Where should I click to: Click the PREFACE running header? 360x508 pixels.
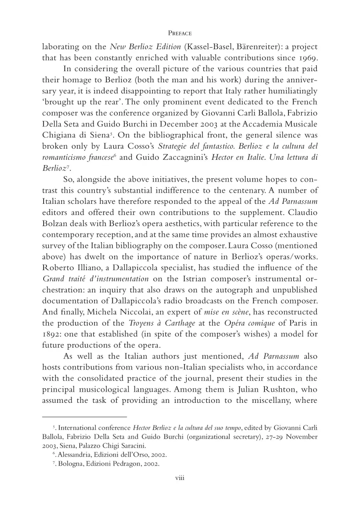coord(180,33)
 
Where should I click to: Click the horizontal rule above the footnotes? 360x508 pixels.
coord(84,417)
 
